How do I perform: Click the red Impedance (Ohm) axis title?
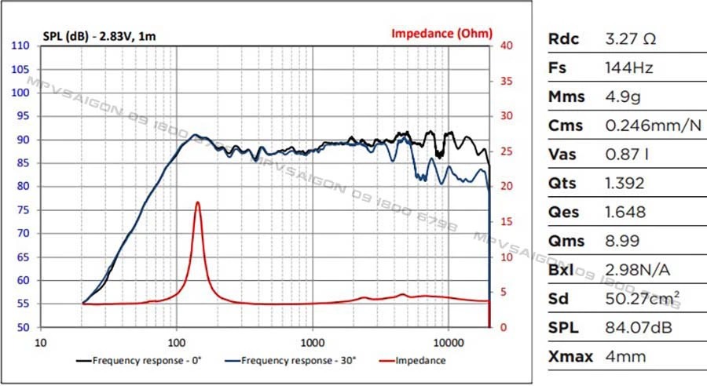442,33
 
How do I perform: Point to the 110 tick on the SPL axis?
21,46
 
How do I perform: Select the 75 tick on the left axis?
24,209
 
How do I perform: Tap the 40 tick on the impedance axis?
507,46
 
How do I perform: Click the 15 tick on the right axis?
507,222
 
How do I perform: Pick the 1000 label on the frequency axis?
313,342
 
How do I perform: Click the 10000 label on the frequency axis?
449,342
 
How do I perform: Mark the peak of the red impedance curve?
197,202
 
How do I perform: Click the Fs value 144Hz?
629,67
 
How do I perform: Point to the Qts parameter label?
562,184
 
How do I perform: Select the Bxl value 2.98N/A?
637,270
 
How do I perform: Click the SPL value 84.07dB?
640,328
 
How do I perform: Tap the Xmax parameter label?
569,357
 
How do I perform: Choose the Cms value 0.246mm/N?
653,126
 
